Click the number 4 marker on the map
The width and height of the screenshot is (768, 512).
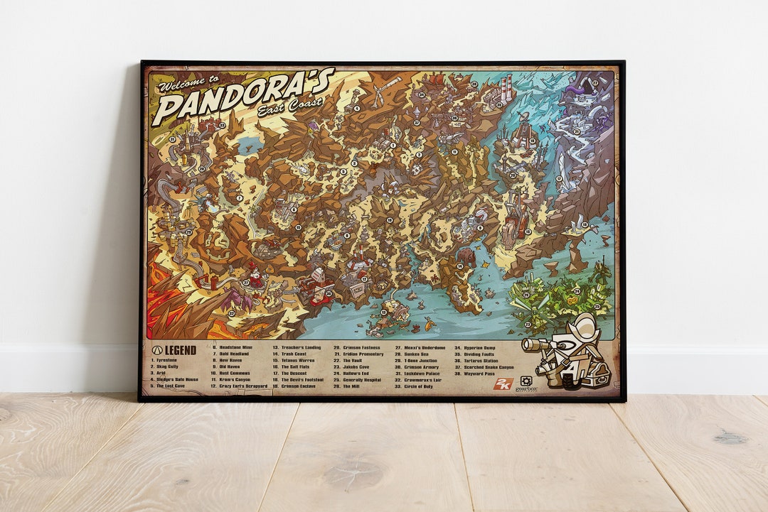pos(356,108)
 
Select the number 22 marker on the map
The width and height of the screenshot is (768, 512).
pos(595,82)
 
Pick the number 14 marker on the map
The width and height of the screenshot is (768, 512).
pos(460,266)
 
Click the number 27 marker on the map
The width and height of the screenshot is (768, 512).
pos(245,283)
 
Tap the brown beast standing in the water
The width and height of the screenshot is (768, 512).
pos(466,256)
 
